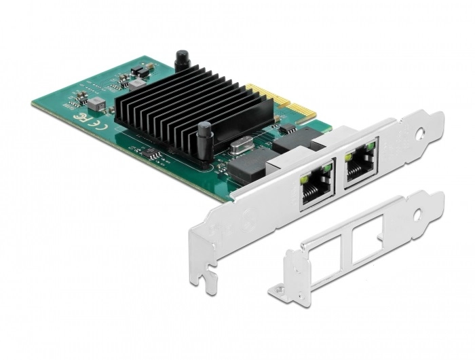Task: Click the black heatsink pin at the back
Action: click(181, 60)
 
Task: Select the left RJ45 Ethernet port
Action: click(317, 185)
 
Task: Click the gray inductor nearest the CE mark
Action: click(97, 103)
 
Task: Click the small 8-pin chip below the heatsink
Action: click(155, 156)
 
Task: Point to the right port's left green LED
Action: click(349, 158)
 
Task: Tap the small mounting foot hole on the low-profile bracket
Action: click(279, 291)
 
